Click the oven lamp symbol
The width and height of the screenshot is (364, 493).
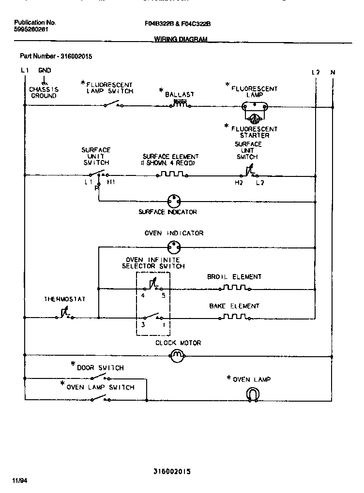pyautogui.click(x=252, y=395)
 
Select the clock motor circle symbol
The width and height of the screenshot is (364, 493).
pyautogui.click(x=177, y=357)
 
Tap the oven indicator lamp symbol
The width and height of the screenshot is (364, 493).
pyautogui.click(x=173, y=247)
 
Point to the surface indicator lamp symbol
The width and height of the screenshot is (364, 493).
pyautogui.click(x=173, y=201)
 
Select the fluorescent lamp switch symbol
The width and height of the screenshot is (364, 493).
pyautogui.click(x=112, y=103)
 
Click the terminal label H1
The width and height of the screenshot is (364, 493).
pyautogui.click(x=111, y=182)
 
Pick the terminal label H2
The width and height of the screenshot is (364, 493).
pyautogui.click(x=239, y=182)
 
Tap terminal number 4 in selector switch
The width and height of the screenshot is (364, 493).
pyautogui.click(x=142, y=295)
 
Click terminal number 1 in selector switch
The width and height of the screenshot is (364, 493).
pyautogui.click(x=163, y=325)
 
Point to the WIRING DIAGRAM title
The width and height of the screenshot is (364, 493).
pyautogui.click(x=181, y=40)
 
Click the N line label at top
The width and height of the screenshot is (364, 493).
pyautogui.click(x=333, y=72)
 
